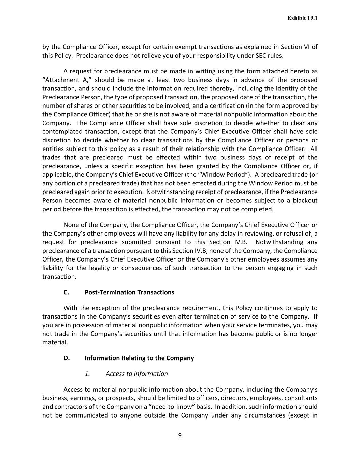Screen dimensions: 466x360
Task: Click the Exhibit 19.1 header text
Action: coord(302,18)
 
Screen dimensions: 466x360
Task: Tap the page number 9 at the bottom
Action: coord(180,435)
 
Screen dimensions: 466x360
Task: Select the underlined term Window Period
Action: coord(223,175)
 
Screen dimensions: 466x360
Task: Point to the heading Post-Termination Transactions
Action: coord(129,292)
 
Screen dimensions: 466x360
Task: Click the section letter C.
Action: coord(66,292)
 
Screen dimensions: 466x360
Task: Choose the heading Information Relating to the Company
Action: coord(139,358)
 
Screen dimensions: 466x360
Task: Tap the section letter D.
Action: coord(67,358)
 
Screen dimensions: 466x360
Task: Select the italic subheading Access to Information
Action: coord(136,374)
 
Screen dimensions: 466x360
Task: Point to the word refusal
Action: coord(289,234)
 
